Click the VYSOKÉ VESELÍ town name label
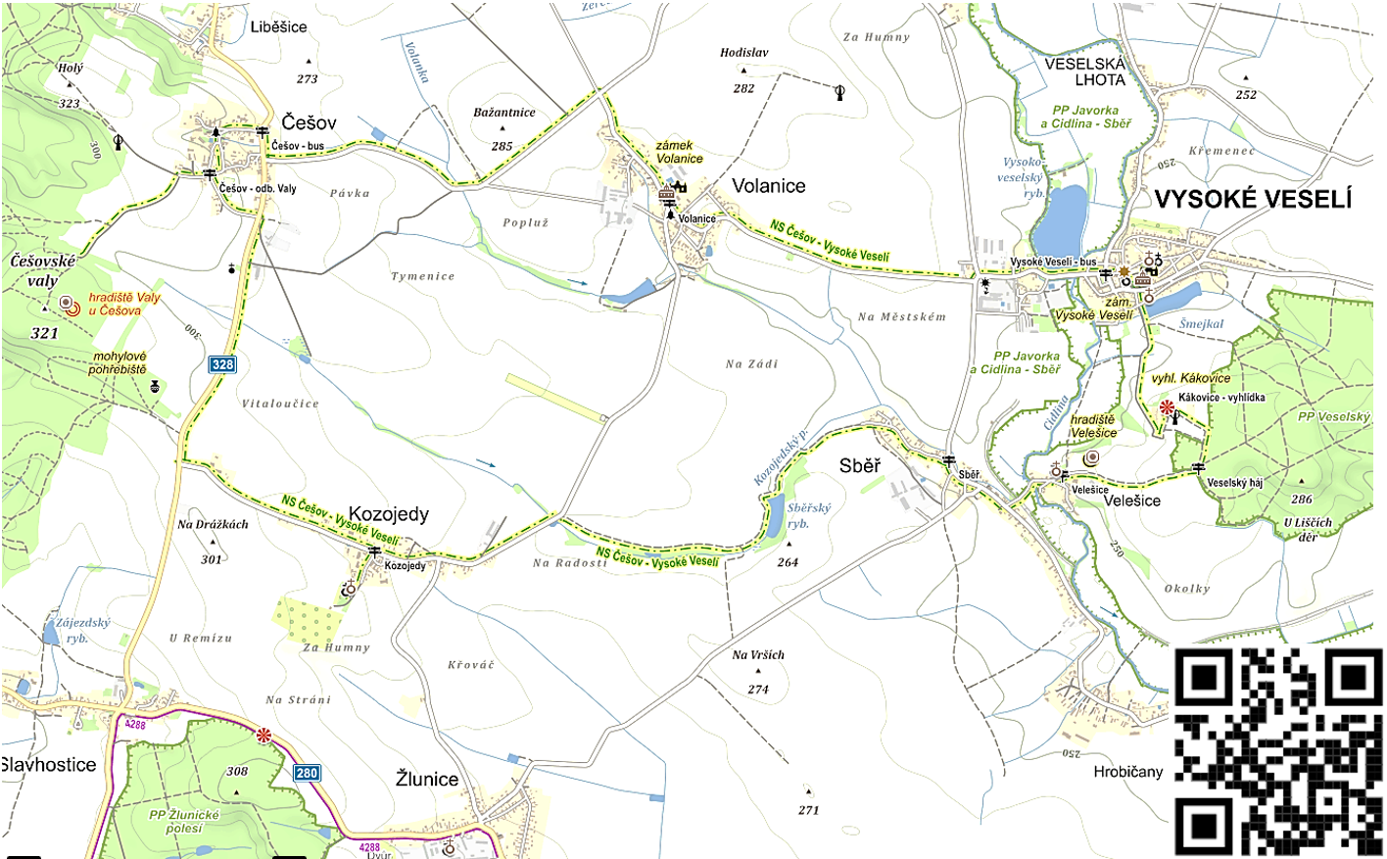pos(1252,199)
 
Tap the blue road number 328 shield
pos(222,364)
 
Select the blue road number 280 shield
pos(307,773)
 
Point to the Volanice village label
pos(768,186)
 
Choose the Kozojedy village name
pos(388,514)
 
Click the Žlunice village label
pos(426,779)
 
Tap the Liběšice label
pos(278,27)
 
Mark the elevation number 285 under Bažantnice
pos(502,146)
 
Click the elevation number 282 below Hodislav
pos(743,88)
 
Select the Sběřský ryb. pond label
pos(808,515)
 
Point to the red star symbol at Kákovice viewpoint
pos(1167,406)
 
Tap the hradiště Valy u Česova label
pos(123,304)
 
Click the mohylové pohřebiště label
pos(119,363)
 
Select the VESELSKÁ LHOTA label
pos(1085,72)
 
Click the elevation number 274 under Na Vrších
pos(757,690)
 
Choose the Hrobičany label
pos(1127,772)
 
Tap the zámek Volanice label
pos(679,152)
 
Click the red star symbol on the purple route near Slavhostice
pos(263,735)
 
